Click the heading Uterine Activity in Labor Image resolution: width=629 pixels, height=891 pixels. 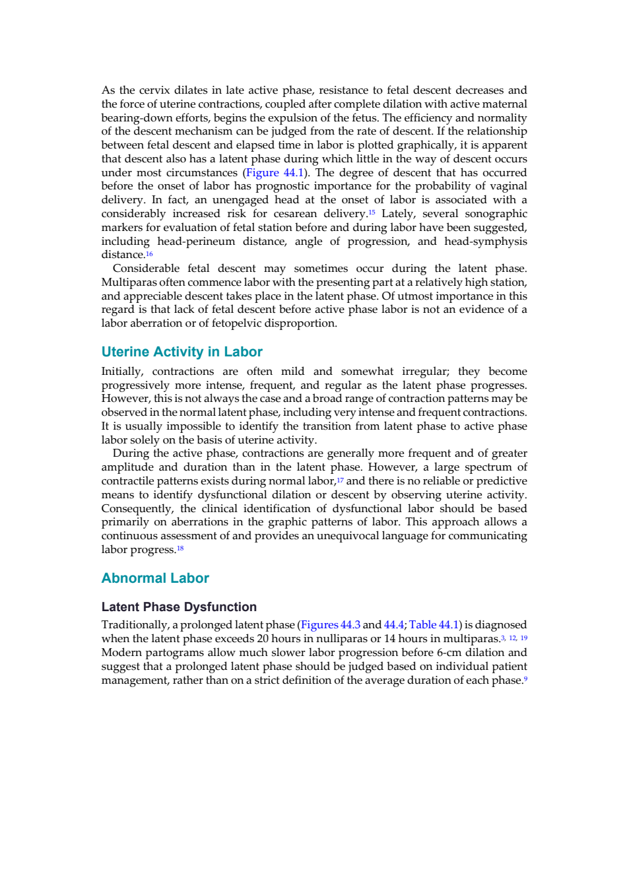(182, 352)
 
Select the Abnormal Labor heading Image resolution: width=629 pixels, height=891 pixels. (155, 578)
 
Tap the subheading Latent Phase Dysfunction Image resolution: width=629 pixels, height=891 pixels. (179, 607)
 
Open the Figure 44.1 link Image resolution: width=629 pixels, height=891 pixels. (275, 173)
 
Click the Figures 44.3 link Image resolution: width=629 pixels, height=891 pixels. (331, 624)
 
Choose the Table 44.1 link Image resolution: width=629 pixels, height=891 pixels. (434, 624)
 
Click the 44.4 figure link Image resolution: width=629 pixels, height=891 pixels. (394, 624)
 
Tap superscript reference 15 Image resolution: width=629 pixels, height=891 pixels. (372, 212)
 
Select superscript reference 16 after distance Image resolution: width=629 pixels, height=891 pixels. (149, 253)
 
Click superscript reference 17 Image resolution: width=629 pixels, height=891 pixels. (340, 480)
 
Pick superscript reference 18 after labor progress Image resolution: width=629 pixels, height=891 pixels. (180, 548)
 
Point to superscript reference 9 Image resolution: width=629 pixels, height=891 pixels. (525, 679)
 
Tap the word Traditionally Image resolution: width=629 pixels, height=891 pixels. (135, 625)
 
